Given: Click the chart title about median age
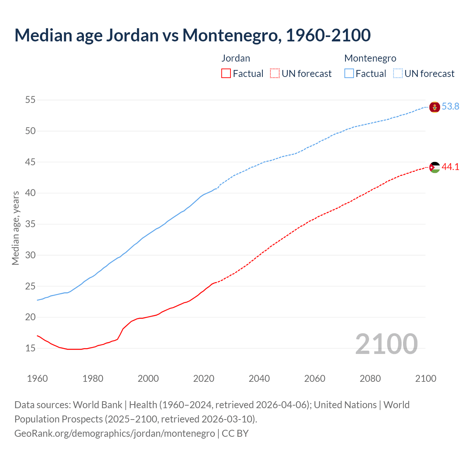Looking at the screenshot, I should click(192, 35).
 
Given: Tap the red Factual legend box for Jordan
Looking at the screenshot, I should click(226, 74).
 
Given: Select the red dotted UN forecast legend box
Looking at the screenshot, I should click(275, 74).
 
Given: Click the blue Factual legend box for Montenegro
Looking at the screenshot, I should click(349, 74).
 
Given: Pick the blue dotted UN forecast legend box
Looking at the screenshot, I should click(398, 74).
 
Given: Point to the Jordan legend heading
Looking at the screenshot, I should click(236, 58).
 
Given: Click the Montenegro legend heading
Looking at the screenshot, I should click(370, 58).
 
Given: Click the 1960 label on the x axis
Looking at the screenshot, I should click(37, 378).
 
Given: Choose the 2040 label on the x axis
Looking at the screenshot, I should click(259, 378).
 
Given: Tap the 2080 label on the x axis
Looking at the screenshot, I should click(370, 378).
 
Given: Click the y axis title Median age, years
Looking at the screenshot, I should click(15, 228).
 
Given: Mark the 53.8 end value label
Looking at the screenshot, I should click(450, 107).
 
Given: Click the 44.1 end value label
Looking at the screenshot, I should click(450, 167).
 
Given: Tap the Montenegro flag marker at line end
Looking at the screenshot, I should click(435, 107).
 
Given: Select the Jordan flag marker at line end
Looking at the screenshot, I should click(435, 167).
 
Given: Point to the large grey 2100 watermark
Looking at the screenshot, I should click(386, 344).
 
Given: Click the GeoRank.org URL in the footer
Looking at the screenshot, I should click(115, 433).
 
